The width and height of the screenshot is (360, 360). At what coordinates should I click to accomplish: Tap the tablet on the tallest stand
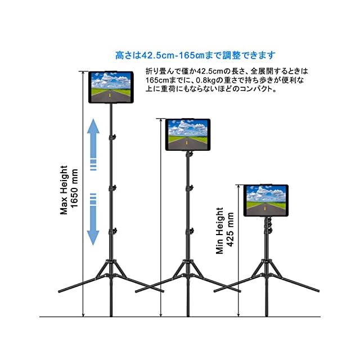[x=111, y=87]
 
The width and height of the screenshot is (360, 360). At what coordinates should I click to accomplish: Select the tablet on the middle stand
[x=187, y=134]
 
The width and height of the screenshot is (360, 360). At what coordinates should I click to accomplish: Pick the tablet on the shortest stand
[x=265, y=201]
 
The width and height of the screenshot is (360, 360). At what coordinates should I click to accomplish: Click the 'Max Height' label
[x=65, y=190]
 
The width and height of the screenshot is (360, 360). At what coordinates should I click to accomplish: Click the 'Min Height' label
[x=220, y=231]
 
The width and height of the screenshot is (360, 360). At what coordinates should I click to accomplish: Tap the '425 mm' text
[x=231, y=231]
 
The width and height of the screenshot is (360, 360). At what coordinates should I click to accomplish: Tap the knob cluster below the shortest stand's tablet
[x=268, y=224]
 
